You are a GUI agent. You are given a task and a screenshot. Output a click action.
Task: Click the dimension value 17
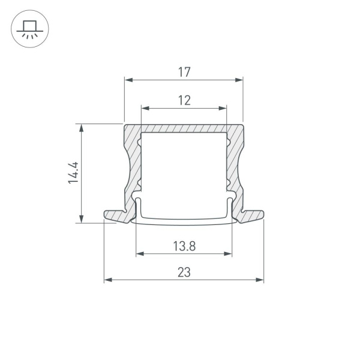click(184, 72)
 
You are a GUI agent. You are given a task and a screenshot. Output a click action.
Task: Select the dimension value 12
click(184, 101)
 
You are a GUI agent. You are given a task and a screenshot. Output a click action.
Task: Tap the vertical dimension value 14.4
click(74, 173)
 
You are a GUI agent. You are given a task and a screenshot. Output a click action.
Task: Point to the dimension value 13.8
click(184, 245)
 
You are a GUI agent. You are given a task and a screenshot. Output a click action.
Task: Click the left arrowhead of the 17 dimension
click(127, 79)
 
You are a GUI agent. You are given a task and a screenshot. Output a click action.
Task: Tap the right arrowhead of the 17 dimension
click(240, 79)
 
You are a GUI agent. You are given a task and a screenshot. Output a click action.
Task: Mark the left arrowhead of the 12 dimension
click(144, 108)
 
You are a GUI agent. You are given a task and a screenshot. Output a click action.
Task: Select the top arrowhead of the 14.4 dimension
click(80, 127)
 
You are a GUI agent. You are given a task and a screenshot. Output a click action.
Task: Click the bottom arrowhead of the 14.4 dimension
click(80, 219)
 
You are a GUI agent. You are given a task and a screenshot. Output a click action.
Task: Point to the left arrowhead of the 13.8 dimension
click(140, 254)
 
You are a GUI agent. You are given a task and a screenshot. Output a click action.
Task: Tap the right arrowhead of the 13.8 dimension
click(229, 254)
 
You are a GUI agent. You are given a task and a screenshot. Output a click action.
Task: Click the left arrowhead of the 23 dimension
click(107, 280)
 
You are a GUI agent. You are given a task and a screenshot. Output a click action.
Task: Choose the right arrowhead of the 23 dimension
click(260, 280)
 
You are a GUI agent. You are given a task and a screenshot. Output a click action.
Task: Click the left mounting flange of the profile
click(114, 215)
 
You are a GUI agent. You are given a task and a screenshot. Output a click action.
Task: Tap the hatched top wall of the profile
click(184, 128)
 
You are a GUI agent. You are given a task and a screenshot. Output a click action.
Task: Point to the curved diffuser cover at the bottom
click(184, 221)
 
